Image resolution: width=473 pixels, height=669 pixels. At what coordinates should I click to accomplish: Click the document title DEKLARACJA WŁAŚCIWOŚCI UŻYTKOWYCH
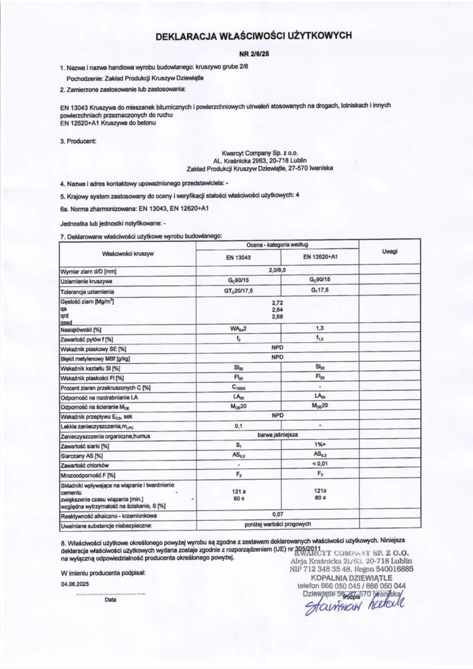coord(253,38)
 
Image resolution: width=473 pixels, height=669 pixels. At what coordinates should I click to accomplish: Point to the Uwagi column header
coord(392,252)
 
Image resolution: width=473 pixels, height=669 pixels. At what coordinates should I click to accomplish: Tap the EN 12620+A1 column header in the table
coord(320,258)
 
